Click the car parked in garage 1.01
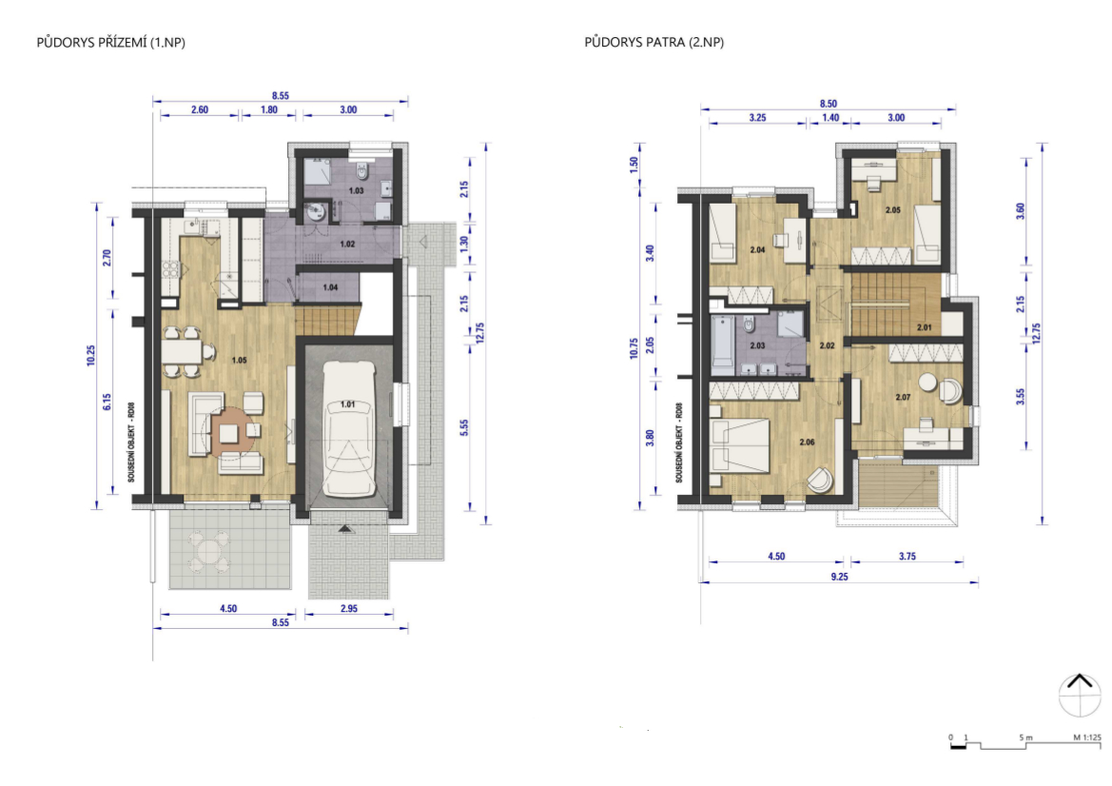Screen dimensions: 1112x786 [348, 429]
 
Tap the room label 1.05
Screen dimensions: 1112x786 [239, 361]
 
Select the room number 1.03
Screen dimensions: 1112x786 [356, 191]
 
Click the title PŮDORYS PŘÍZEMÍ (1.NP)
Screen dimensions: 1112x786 [110, 43]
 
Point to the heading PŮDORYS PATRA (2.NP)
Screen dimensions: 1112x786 [654, 43]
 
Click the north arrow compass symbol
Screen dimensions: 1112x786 [1080, 696]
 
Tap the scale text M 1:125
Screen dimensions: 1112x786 [1087, 737]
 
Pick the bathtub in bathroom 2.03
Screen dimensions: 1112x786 [722, 344]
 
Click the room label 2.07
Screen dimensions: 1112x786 [903, 397]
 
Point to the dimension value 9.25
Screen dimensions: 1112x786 [840, 577]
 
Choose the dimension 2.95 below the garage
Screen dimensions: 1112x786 [349, 609]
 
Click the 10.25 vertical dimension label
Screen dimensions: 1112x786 [90, 355]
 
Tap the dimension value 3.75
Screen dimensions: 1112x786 [907, 557]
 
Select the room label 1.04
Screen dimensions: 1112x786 [330, 287]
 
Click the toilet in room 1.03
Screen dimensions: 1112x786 [362, 172]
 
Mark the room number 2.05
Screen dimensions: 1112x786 [893, 210]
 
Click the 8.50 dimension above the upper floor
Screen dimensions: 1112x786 [829, 104]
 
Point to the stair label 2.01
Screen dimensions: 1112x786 [924, 327]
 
